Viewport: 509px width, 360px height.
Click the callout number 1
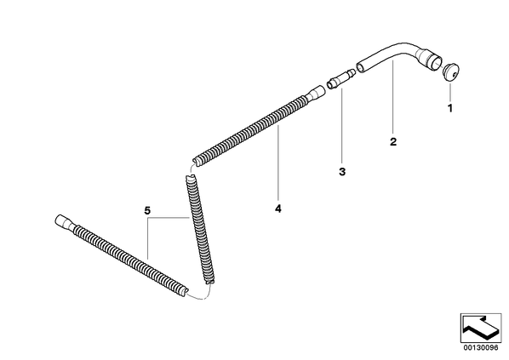click(x=450, y=108)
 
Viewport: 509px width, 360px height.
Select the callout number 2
click(x=393, y=141)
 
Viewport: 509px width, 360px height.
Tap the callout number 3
click(x=342, y=172)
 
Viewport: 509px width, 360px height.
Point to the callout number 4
click(x=277, y=209)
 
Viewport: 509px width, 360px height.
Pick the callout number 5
click(x=147, y=211)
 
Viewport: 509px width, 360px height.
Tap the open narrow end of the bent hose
click(x=360, y=68)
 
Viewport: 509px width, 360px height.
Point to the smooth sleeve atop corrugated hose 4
click(x=314, y=92)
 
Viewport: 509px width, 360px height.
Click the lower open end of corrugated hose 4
click(x=197, y=162)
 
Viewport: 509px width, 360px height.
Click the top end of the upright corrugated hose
click(x=191, y=177)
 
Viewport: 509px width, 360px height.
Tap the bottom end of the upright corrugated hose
click(x=209, y=281)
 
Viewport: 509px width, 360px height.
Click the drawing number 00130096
click(x=481, y=348)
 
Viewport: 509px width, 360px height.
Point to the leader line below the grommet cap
click(x=450, y=92)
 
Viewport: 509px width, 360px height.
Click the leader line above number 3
click(x=341, y=127)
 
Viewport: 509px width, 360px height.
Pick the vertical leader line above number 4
click(x=277, y=165)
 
